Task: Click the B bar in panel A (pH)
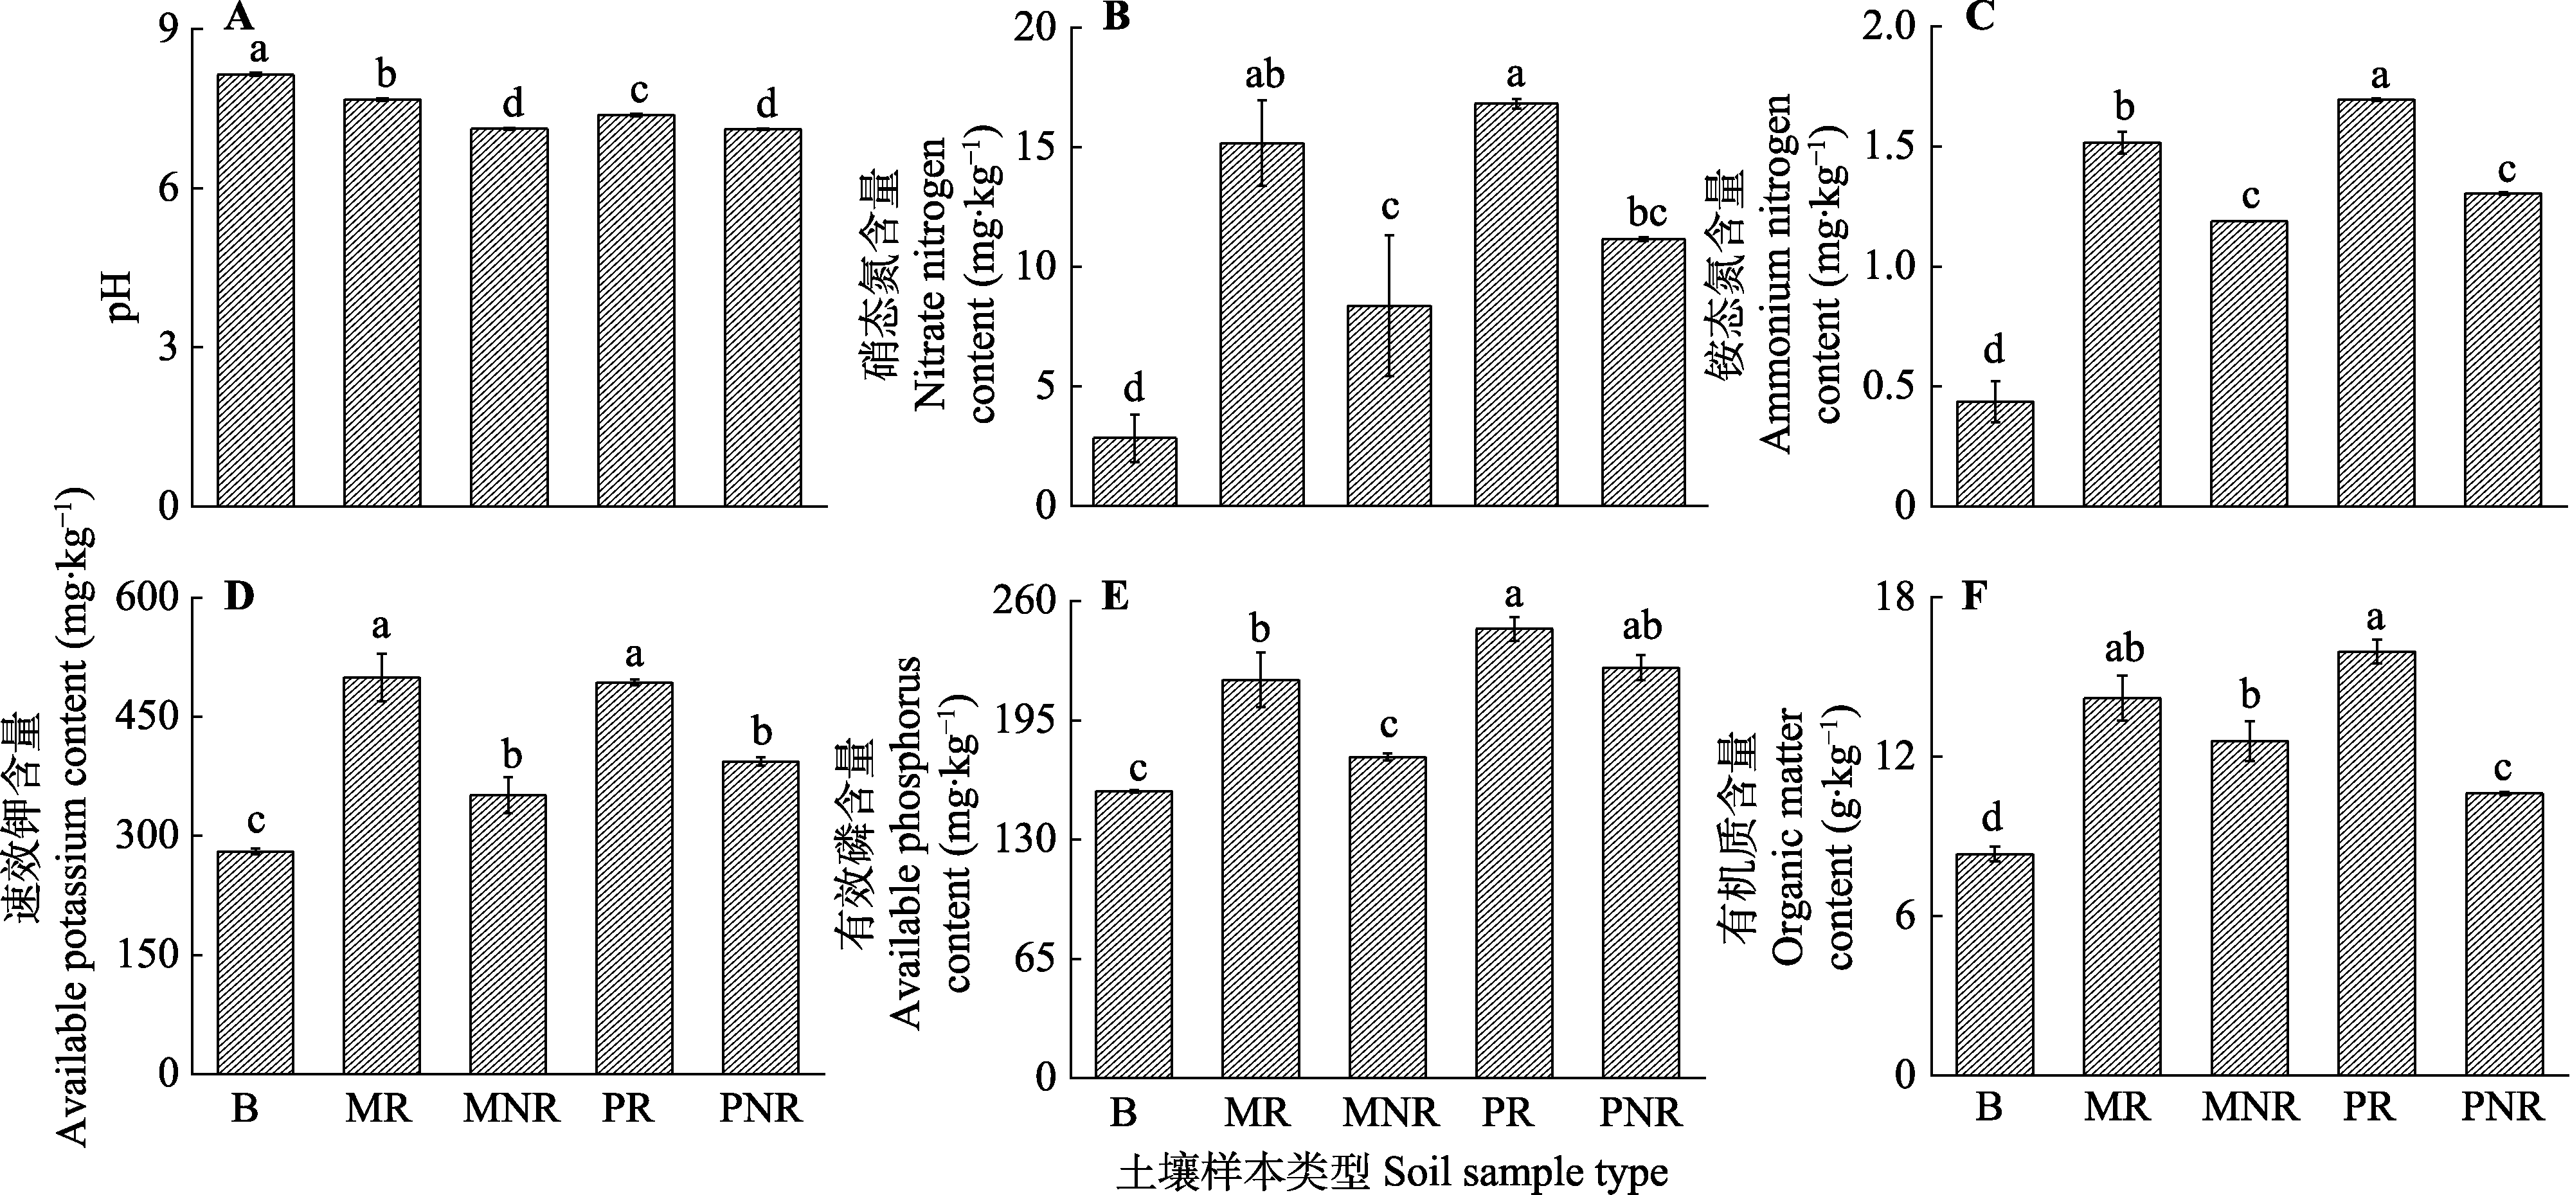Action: click(x=255, y=289)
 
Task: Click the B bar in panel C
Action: click(x=1994, y=454)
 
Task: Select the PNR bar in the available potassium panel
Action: click(x=760, y=918)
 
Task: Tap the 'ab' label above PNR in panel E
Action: click(x=1641, y=627)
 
